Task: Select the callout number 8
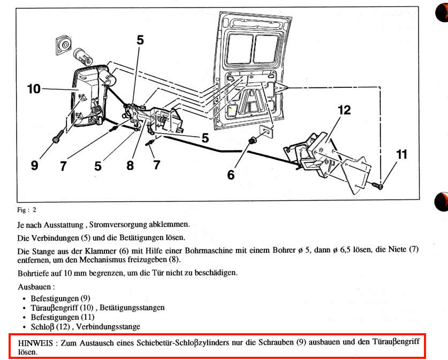pos(130,166)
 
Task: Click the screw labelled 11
pos(378,185)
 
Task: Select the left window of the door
pos(238,47)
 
